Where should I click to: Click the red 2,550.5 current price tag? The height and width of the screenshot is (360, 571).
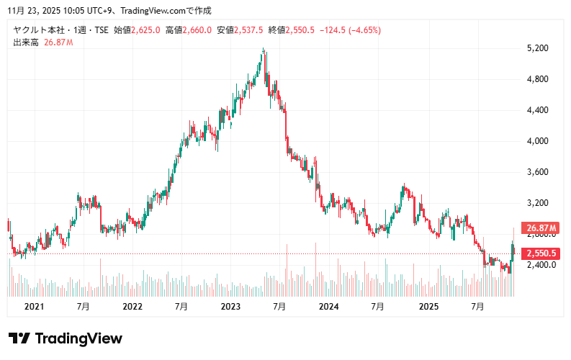541,253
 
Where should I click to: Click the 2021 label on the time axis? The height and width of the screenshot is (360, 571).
34,307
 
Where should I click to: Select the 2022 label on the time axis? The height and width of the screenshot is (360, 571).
132,307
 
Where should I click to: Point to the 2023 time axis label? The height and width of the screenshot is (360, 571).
230,307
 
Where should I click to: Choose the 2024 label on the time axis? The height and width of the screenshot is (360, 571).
329,307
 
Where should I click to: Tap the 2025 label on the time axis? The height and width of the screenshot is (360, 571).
428,307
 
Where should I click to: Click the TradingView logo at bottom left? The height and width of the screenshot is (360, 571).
66,338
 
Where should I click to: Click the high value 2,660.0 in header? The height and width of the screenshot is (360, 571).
197,30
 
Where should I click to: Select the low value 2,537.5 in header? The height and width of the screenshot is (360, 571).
249,30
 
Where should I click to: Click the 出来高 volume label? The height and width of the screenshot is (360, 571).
24,42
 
